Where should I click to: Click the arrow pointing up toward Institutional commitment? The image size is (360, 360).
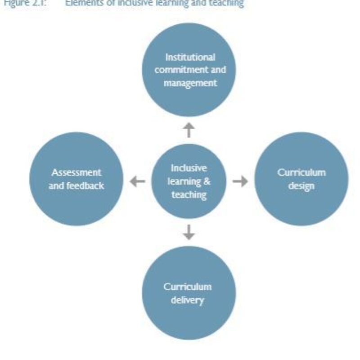pos(189,130)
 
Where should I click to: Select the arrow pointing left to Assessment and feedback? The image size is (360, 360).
pos(138,181)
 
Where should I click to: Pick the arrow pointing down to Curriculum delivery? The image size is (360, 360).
pos(189,232)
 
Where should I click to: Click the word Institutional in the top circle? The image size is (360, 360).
pos(190,58)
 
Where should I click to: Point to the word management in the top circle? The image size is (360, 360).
pos(189,83)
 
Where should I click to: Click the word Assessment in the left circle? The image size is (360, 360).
pos(76,172)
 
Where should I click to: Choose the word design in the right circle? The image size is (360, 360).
pos(301,186)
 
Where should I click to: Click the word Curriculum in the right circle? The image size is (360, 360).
pos(301,173)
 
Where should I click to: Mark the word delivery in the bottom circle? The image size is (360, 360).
pos(188,300)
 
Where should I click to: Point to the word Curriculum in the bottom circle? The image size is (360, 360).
pos(188,287)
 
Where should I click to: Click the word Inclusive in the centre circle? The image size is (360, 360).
pos(189,168)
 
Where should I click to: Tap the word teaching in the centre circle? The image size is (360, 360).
pos(189,195)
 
